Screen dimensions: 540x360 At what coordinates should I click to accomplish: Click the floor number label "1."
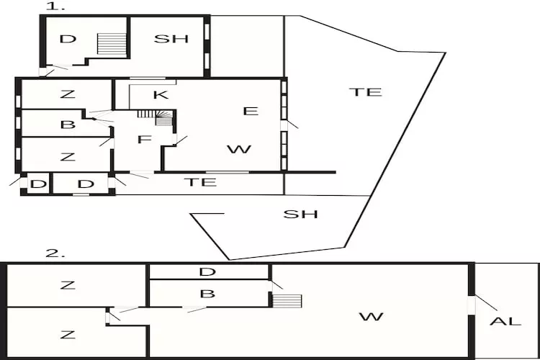[x=55, y=6]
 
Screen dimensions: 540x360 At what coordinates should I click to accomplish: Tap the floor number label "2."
[x=55, y=253]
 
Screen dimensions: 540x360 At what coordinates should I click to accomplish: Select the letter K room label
[x=161, y=95]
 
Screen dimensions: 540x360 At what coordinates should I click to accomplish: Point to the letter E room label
[x=251, y=111]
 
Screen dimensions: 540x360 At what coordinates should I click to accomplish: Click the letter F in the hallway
[x=145, y=140]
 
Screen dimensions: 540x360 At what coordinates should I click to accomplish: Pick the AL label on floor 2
[x=505, y=321]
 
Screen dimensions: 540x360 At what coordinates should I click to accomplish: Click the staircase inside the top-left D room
[x=112, y=43]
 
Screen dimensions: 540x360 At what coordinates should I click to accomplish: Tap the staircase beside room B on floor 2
[x=287, y=301]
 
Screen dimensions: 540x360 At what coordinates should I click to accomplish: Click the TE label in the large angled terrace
[x=365, y=92]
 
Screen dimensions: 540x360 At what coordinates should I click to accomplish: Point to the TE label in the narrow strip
[x=200, y=182]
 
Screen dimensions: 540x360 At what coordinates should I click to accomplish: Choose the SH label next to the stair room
[x=171, y=39]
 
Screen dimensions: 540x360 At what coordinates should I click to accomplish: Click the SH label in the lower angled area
[x=300, y=215]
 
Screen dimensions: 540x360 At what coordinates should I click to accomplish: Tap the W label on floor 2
[x=372, y=317]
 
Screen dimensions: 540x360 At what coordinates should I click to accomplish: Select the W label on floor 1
[x=239, y=149]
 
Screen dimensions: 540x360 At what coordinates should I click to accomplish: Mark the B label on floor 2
[x=207, y=294]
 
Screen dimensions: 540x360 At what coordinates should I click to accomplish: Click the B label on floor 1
[x=68, y=125]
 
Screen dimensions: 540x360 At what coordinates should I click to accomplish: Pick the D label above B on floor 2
[x=207, y=272]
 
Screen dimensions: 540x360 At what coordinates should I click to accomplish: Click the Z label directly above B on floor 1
[x=68, y=94]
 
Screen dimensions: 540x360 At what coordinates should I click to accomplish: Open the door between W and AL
[x=472, y=305]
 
